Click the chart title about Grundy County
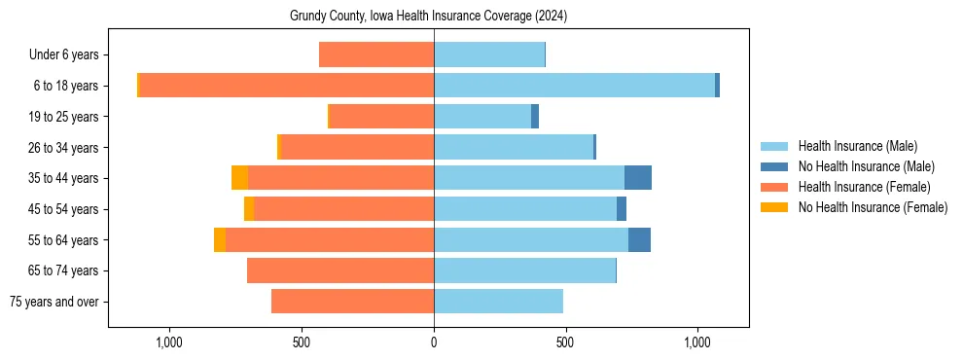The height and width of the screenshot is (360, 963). (428, 17)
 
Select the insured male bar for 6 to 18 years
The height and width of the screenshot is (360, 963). (574, 86)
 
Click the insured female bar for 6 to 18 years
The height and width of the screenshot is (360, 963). (286, 86)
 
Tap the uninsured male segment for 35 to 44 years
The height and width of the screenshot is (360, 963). (638, 178)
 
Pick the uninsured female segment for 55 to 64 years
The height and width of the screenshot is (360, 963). (220, 239)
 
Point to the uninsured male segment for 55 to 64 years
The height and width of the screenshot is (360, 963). (639, 239)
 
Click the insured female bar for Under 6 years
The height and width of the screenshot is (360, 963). (376, 55)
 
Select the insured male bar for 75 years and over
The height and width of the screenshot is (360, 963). (498, 302)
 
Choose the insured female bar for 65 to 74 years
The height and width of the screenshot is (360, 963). (340, 270)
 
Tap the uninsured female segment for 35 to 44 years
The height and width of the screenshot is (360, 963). (239, 178)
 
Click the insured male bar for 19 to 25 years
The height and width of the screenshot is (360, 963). (482, 117)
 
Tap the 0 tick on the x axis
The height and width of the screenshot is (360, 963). (434, 342)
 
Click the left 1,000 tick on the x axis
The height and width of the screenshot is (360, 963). (169, 342)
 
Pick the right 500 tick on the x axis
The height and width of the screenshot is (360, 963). (566, 342)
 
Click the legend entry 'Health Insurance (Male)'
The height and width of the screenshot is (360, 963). (857, 146)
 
